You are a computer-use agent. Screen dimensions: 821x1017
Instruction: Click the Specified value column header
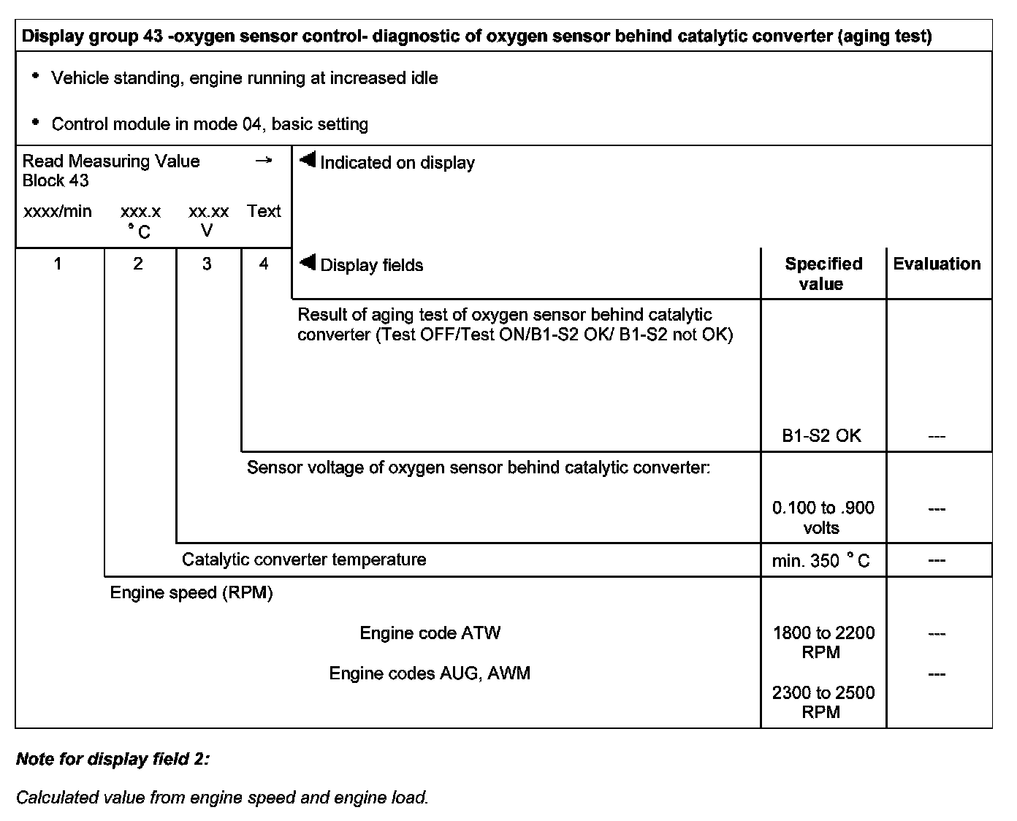[823, 274]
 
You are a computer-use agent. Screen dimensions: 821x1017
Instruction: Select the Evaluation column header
[937, 264]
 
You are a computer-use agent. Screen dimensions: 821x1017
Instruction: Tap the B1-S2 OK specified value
[821, 436]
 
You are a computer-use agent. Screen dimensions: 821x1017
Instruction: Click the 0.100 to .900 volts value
[823, 517]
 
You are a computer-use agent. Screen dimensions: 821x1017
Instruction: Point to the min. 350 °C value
[821, 561]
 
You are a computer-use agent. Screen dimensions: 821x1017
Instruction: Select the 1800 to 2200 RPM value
[823, 642]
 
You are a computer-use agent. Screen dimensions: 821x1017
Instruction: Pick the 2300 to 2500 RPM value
[823, 702]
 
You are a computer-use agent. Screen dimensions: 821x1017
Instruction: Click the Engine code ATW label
[430, 633]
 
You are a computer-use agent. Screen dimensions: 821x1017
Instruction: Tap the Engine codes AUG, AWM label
[430, 673]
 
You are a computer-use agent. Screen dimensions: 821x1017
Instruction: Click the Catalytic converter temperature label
[304, 560]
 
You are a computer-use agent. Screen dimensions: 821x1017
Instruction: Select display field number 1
[58, 264]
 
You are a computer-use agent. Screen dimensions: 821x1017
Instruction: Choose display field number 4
[264, 264]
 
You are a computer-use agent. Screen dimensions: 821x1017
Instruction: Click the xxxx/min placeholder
[58, 212]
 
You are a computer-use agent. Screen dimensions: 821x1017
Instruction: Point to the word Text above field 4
[264, 212]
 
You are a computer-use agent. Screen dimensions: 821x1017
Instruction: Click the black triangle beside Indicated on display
[308, 160]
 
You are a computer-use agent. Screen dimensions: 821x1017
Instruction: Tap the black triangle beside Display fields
[308, 262]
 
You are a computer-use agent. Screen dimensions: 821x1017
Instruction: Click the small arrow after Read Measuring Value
[264, 161]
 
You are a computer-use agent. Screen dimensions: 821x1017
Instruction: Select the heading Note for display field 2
[113, 759]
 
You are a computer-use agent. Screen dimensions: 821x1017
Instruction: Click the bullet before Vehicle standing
[34, 75]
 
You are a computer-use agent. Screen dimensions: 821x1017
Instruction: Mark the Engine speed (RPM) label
[191, 592]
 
